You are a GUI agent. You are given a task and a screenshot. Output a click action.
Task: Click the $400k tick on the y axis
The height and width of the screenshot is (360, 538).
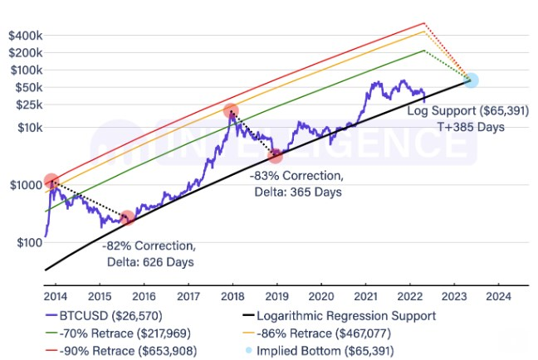coord(25,36)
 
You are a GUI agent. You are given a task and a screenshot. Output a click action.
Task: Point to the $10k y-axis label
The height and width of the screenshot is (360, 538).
coord(27,127)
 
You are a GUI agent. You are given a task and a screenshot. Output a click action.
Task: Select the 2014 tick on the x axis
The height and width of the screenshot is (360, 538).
coord(55,295)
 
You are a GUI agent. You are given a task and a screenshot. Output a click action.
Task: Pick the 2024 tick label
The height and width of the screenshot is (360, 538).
coord(498,295)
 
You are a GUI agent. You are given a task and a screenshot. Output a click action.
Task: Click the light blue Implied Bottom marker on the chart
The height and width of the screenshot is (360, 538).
coord(472,80)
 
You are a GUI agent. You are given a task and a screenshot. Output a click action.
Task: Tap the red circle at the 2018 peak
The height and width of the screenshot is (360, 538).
coord(231,110)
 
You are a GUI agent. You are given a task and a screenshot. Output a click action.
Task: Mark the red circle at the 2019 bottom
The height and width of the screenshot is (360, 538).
coord(276,156)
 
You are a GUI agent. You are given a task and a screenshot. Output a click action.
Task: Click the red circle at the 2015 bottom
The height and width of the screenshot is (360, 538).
coord(127,217)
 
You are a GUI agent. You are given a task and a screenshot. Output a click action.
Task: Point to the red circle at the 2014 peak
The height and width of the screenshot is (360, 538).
coord(51,181)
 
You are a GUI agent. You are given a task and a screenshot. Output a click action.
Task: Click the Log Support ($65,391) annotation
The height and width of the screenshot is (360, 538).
coord(455,109)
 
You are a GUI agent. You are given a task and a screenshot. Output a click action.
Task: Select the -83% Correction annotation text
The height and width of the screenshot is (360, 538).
coord(295,176)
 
